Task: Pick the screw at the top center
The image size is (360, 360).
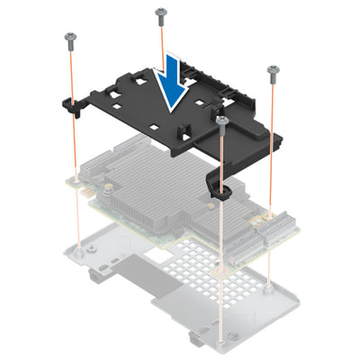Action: pyautogui.click(x=160, y=12)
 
